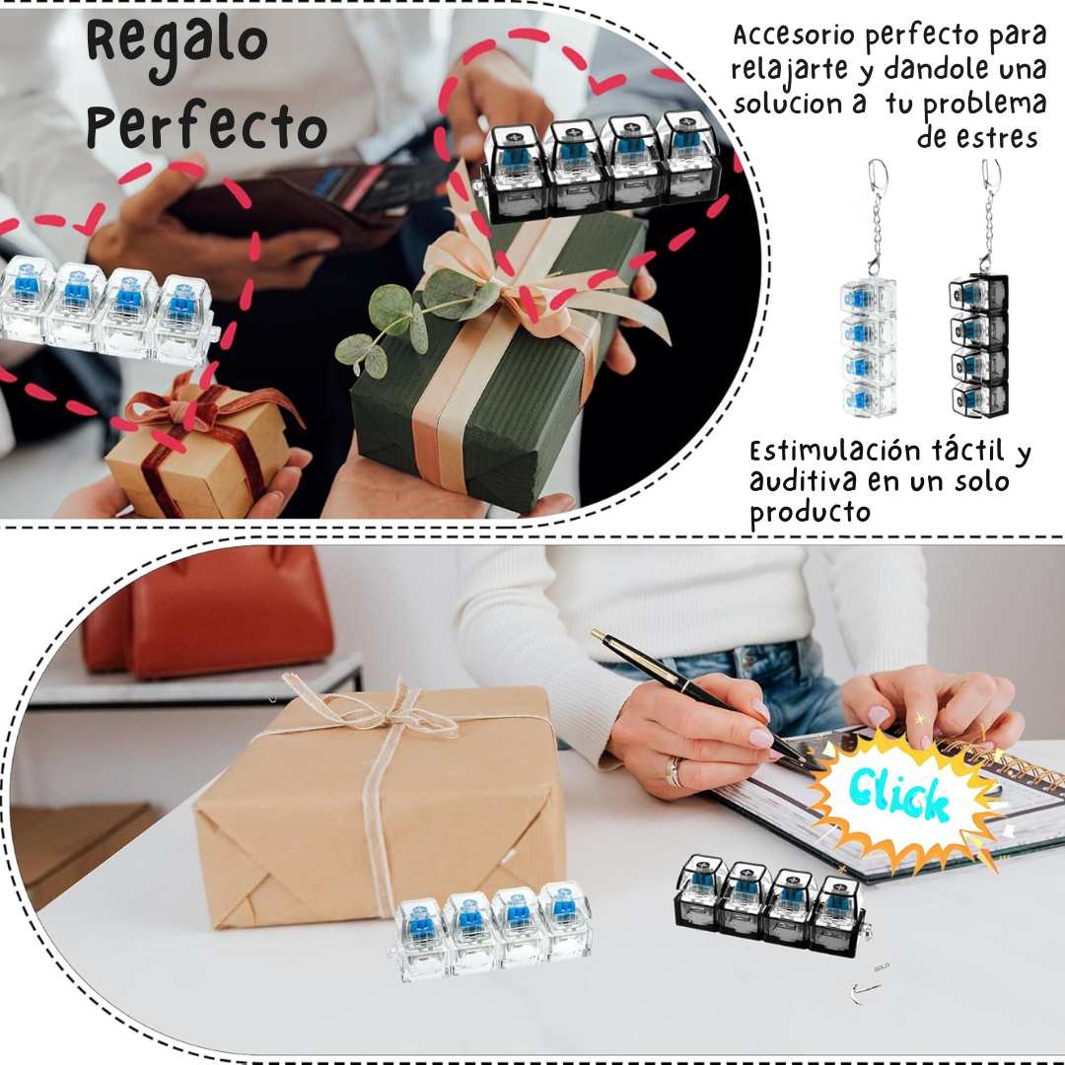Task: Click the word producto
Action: click(810, 512)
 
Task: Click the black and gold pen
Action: click(706, 699)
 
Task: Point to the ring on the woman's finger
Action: click(674, 771)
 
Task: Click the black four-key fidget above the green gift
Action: click(598, 167)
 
